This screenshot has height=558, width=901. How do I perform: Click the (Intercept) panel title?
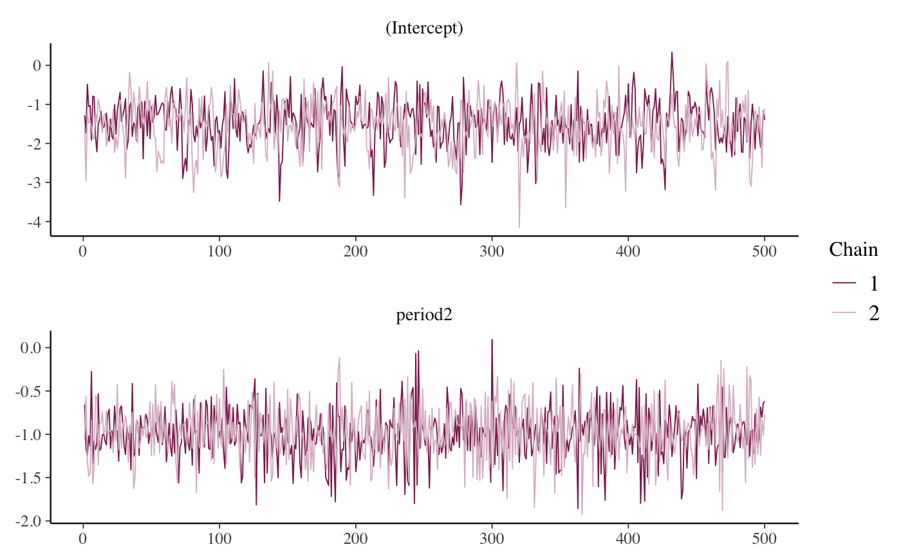click(x=424, y=29)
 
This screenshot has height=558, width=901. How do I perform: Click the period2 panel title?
click(x=424, y=317)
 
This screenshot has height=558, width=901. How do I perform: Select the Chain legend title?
click(x=853, y=250)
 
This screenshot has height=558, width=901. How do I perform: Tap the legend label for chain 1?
click(x=874, y=283)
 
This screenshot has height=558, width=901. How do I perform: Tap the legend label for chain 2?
click(x=874, y=313)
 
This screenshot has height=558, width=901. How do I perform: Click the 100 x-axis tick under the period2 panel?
click(x=219, y=538)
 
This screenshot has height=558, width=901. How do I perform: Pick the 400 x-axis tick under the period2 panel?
click(x=628, y=538)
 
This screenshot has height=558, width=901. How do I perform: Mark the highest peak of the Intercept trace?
click(x=672, y=52)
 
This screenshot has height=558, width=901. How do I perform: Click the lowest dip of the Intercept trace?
click(x=519, y=227)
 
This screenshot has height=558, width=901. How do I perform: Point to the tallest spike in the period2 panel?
click(x=492, y=340)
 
